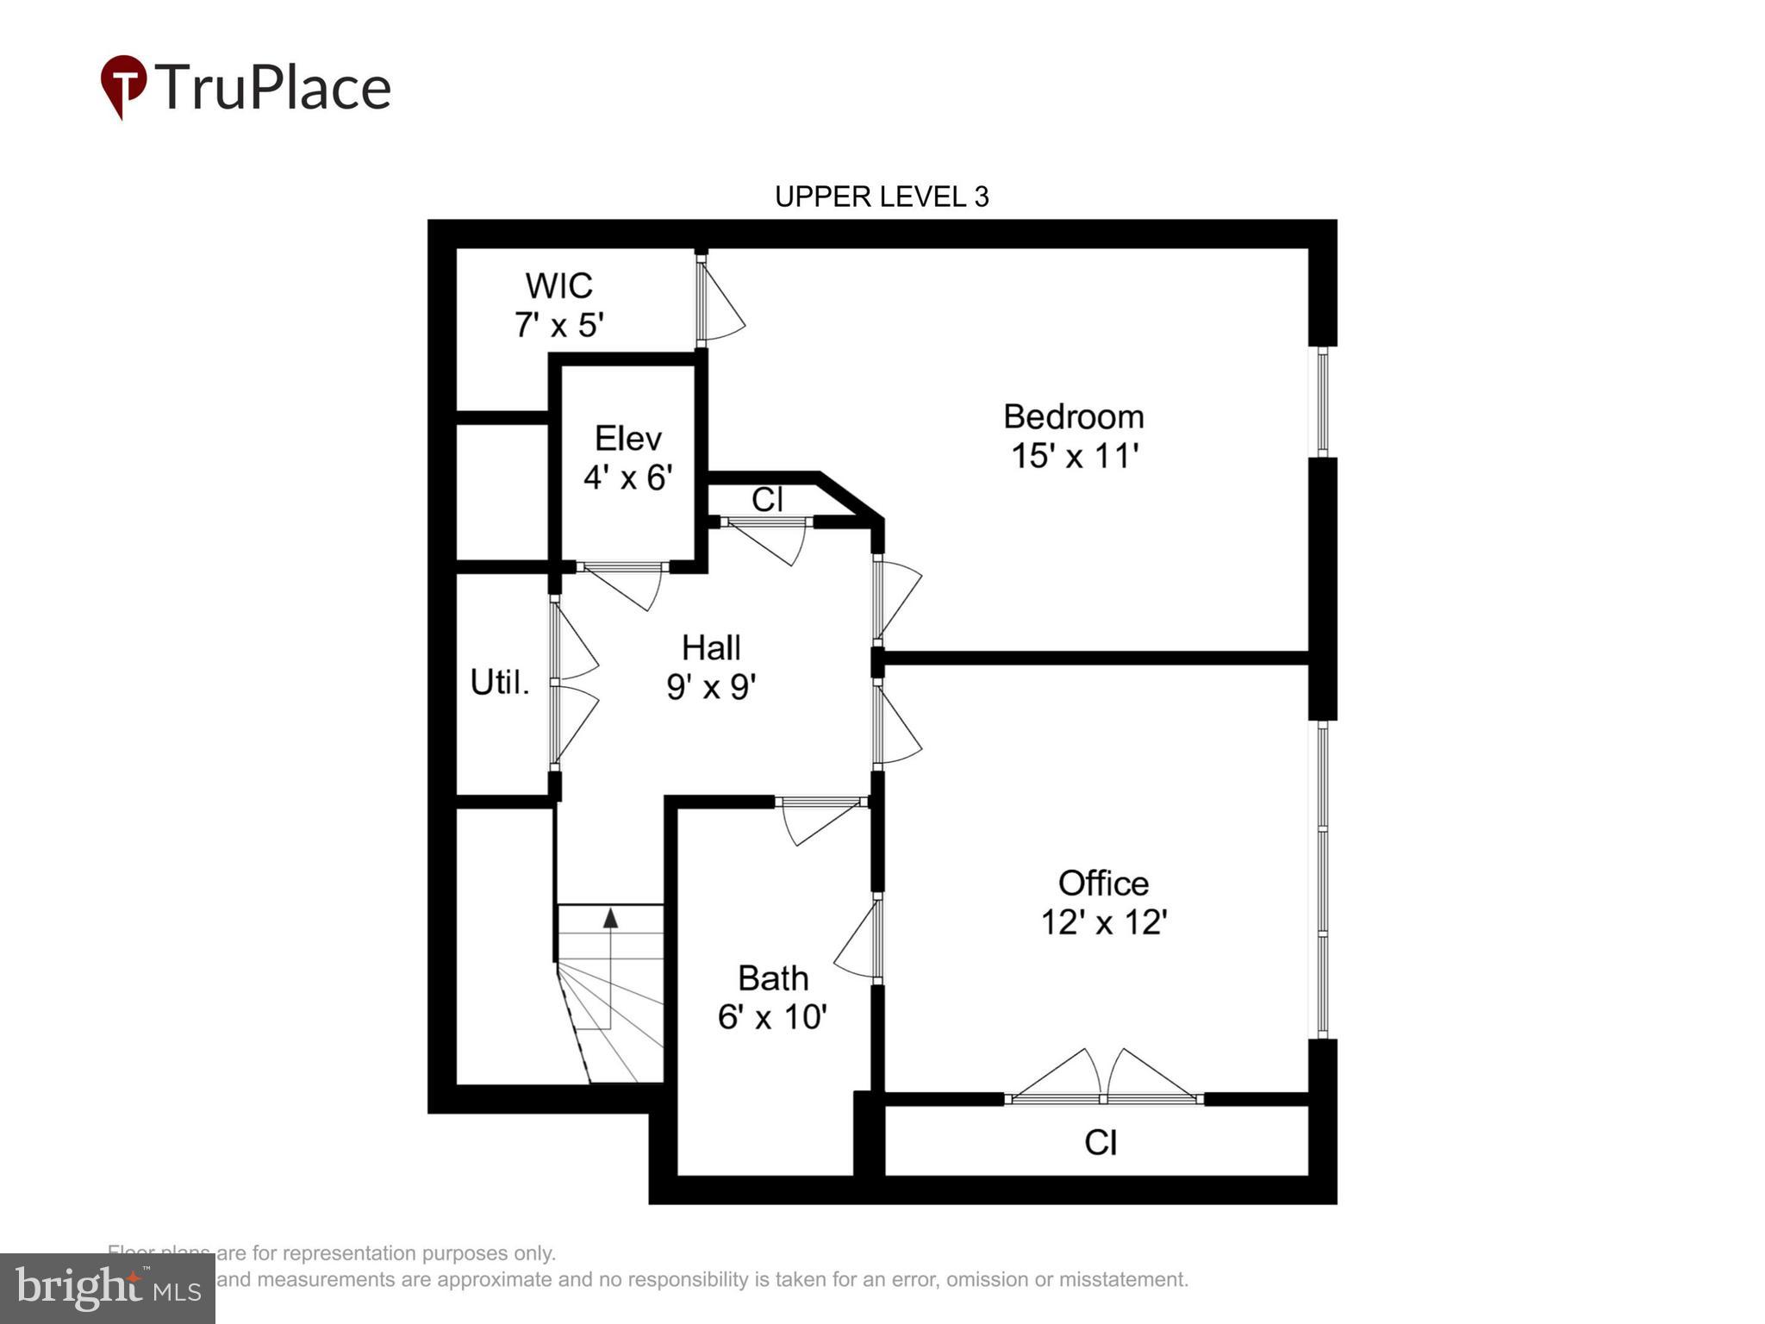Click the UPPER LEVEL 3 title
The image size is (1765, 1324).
882,197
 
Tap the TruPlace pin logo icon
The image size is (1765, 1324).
123,85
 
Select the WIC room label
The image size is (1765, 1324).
558,285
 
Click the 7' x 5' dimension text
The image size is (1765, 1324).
558,325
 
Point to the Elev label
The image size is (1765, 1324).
627,439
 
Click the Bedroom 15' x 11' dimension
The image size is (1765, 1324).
1074,456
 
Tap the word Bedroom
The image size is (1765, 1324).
1074,417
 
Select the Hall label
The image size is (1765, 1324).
711,647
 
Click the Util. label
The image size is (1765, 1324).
499,683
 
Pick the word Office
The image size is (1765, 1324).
1103,884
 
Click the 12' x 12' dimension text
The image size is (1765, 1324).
1103,922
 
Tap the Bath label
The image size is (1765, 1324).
773,978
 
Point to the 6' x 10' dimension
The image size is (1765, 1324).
772,1017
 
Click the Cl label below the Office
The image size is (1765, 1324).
1101,1143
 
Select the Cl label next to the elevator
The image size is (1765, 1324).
767,499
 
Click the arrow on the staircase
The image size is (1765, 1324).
610,918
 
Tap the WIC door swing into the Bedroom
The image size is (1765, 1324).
720,302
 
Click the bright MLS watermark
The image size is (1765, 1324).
108,1289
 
